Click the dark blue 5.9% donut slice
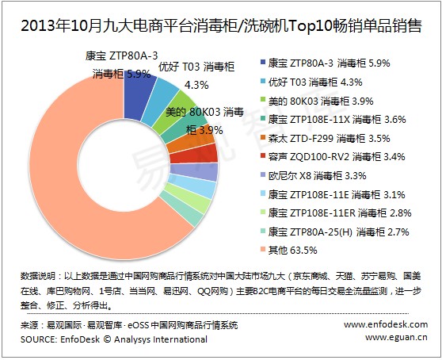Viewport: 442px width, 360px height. click(x=138, y=94)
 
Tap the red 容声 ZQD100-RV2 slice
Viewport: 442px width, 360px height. click(x=195, y=155)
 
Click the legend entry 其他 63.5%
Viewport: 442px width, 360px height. click(x=289, y=250)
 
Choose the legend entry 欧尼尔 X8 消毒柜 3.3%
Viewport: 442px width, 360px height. click(x=314, y=176)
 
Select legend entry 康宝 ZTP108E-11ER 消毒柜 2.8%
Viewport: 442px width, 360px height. click(x=336, y=213)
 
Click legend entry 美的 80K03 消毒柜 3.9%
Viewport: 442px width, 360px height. click(x=317, y=101)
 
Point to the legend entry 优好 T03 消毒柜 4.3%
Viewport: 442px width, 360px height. click(x=311, y=82)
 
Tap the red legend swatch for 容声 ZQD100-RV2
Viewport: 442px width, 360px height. click(x=263, y=156)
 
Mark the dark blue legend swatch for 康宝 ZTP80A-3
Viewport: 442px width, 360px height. click(x=263, y=63)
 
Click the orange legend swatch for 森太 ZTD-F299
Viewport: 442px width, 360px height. click(x=263, y=137)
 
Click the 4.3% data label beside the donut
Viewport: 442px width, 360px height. click(x=196, y=85)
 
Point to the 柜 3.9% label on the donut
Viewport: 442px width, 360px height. click(x=204, y=130)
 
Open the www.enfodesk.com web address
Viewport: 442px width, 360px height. click(x=386, y=324)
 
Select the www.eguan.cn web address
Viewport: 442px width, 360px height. click(x=396, y=337)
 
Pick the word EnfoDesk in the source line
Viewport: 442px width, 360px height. click(x=80, y=339)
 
